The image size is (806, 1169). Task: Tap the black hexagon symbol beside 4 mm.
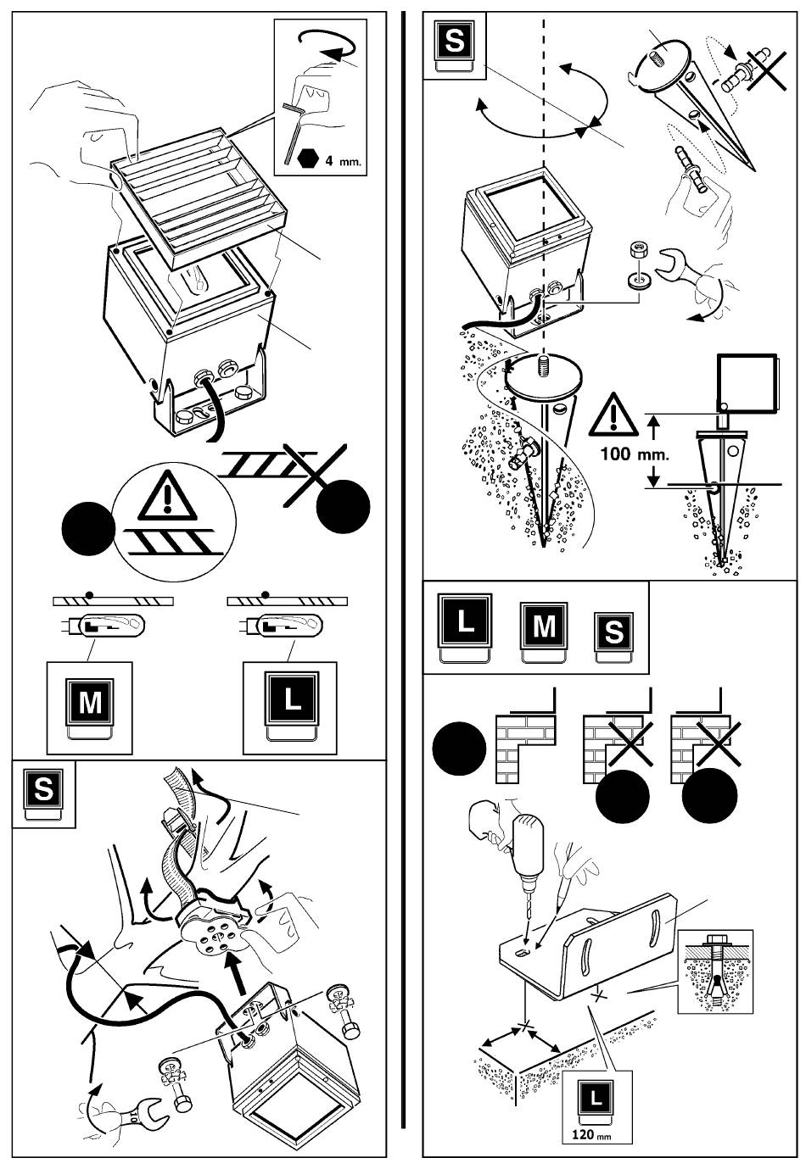tap(307, 159)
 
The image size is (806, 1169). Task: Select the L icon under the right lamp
tap(290, 699)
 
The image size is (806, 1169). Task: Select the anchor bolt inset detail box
tap(718, 971)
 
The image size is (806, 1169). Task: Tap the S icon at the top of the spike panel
tap(455, 42)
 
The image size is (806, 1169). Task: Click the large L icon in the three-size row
tap(465, 623)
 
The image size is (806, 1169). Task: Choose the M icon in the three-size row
tap(543, 628)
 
